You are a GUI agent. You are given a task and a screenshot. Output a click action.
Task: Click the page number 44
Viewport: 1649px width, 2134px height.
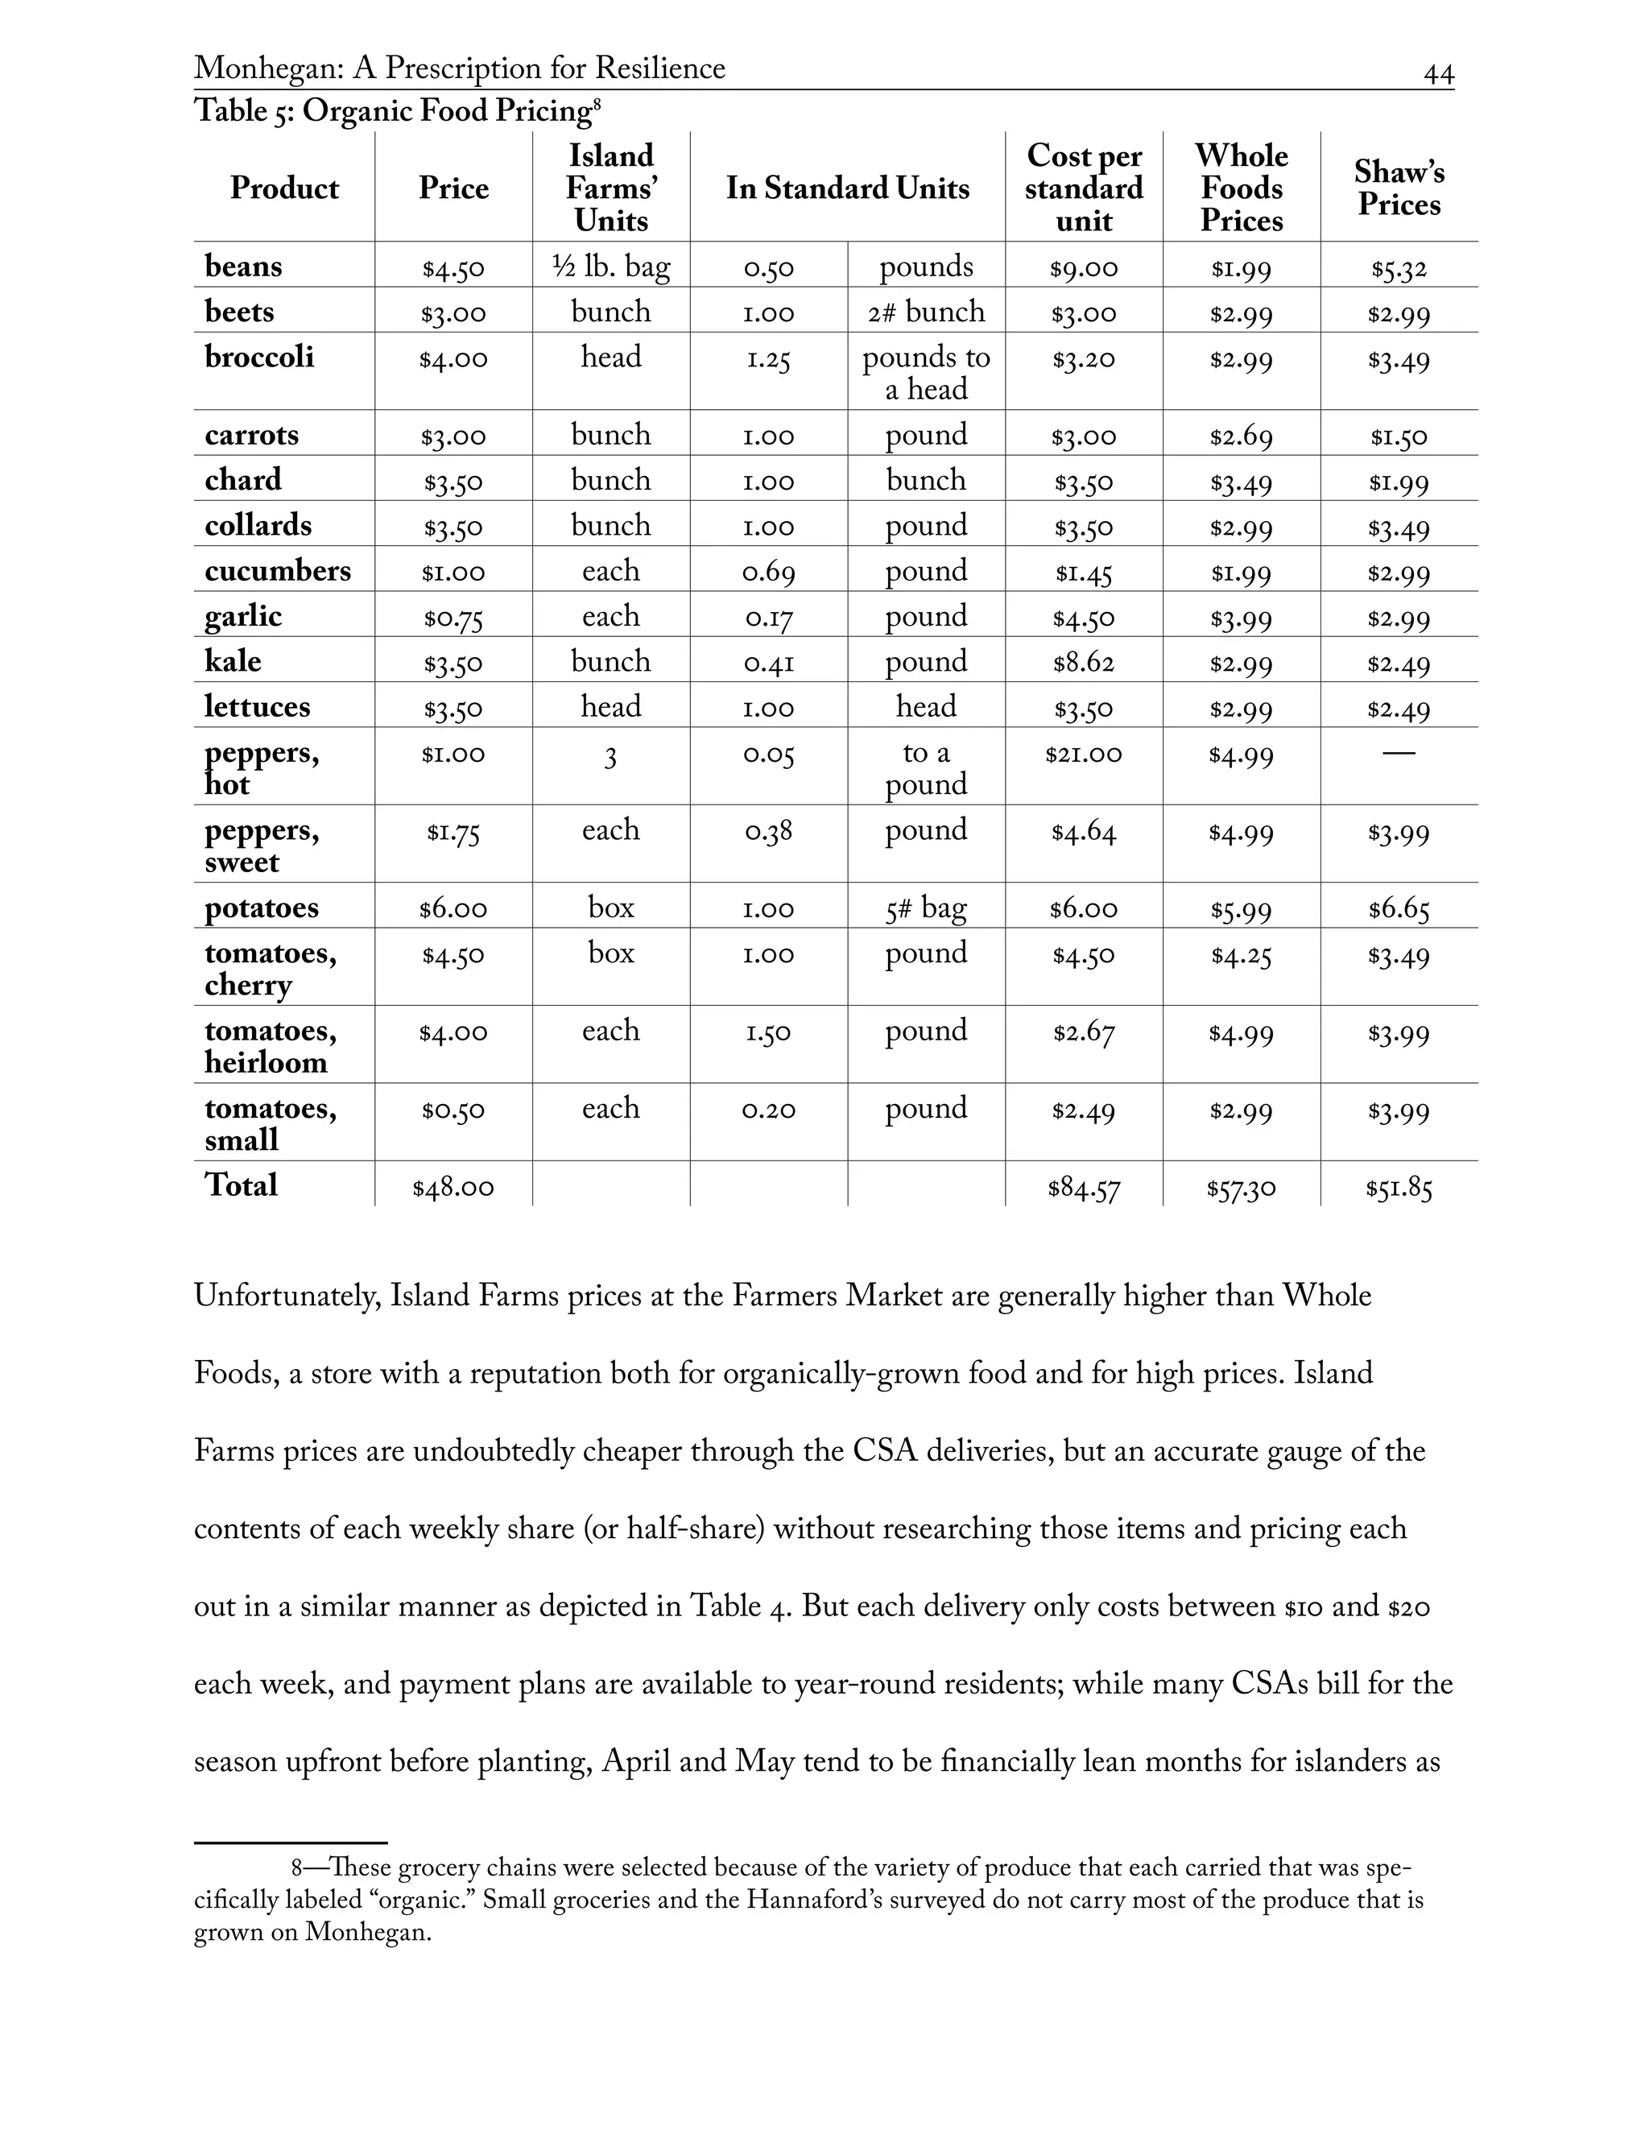[1438, 74]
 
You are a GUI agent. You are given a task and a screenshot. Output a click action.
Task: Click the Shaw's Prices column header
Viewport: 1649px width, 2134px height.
[1398, 188]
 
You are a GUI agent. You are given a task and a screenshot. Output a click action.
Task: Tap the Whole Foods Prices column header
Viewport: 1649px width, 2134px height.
[1241, 188]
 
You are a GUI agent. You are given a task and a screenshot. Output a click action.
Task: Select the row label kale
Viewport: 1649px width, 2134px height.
[233, 661]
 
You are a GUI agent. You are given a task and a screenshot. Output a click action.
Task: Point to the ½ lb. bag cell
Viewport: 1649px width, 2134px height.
[610, 267]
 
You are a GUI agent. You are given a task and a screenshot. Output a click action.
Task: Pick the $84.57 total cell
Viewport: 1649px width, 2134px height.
[1084, 1188]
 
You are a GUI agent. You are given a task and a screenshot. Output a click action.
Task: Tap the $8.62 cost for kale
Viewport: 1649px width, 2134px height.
[1084, 664]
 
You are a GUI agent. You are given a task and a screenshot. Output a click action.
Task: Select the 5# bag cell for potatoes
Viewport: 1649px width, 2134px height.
[925, 908]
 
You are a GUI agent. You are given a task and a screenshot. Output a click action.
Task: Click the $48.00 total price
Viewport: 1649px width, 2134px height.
[453, 1188]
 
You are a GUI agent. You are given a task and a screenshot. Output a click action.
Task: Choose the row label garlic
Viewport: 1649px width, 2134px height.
[242, 617]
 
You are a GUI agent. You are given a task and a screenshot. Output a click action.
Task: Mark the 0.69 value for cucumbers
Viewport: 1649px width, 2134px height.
[768, 573]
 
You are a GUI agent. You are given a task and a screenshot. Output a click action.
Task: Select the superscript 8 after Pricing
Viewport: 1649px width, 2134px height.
[596, 102]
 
